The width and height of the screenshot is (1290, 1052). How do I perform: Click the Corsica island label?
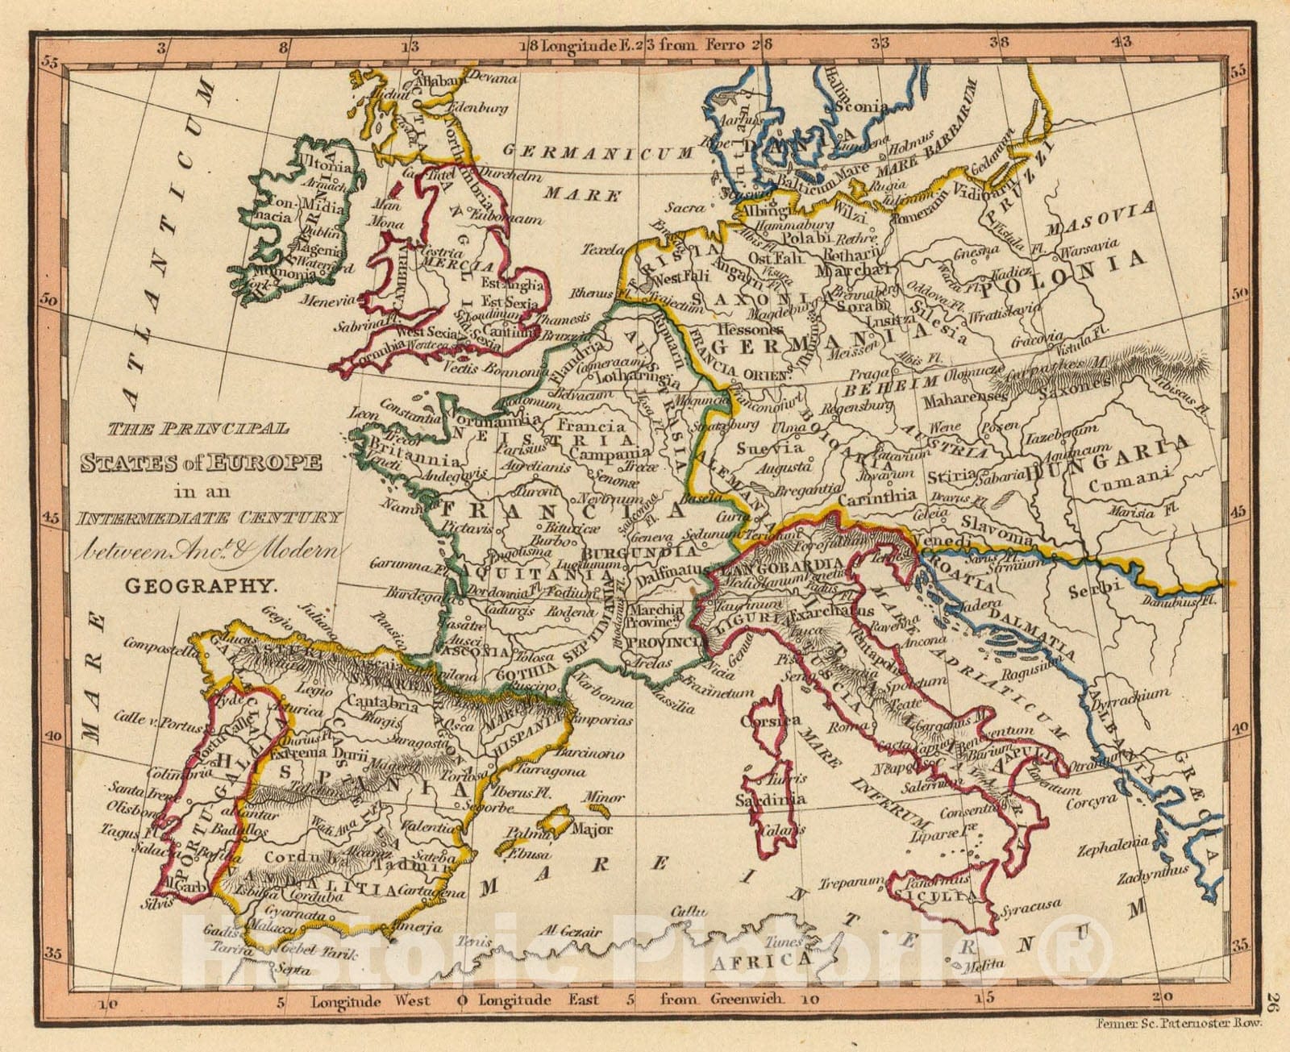[x=775, y=720]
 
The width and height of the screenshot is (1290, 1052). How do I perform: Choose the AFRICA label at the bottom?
[x=760, y=961]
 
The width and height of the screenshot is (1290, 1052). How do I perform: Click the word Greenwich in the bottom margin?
[x=747, y=999]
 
